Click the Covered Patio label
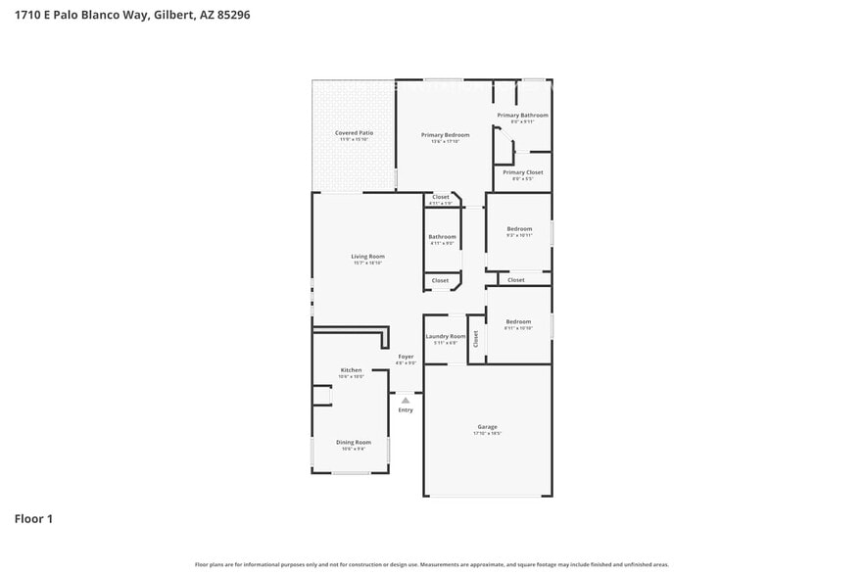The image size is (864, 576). pos(354,132)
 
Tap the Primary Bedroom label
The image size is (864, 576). pos(445,134)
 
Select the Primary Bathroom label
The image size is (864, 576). pos(522,115)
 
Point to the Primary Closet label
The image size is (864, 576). pos(522,172)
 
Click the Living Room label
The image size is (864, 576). pos(367,257)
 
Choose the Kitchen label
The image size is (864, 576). pos(351,370)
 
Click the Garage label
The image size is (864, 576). pos(487,427)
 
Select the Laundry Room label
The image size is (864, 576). pos(446,336)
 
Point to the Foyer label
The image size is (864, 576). pos(406,357)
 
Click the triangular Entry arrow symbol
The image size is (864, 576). pos(406,400)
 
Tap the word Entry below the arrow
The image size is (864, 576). pos(406,409)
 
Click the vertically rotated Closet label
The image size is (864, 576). pos(476,339)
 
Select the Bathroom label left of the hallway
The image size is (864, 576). pos(442,236)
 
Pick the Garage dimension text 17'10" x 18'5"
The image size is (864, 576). pos(487,434)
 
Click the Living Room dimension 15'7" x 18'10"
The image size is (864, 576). pos(367,264)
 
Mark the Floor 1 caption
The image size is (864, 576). pos(33,518)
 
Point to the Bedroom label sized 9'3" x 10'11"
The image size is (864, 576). pos(518,229)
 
